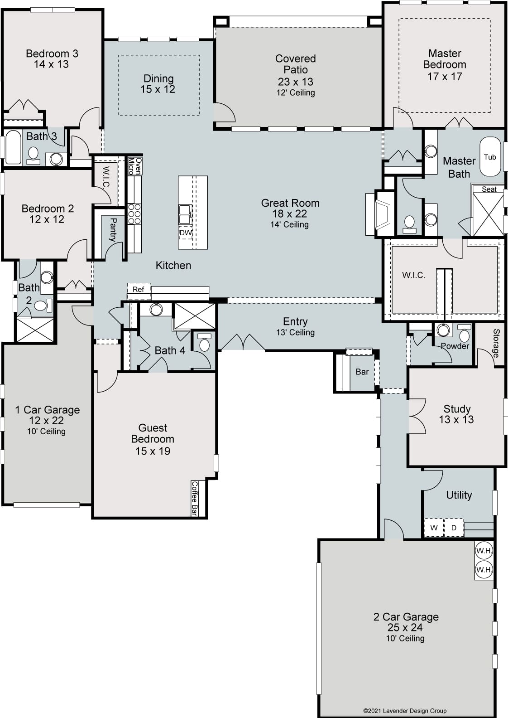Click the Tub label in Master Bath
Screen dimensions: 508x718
click(490, 157)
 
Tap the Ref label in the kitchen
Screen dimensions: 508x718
click(138, 290)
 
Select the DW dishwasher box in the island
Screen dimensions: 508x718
click(186, 233)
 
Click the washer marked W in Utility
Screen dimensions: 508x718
click(434, 528)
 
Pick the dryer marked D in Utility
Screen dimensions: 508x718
click(454, 528)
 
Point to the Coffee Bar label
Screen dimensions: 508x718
click(194, 499)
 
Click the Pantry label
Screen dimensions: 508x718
click(113, 230)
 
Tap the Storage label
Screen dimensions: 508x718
click(496, 343)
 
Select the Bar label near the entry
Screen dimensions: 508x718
click(362, 372)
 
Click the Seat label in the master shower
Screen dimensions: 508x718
click(489, 189)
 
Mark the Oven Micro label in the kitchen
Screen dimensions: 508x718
click(135, 166)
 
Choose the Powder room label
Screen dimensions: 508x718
click(455, 346)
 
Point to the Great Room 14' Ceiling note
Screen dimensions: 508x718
click(289, 224)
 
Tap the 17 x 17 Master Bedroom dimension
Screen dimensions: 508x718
click(445, 77)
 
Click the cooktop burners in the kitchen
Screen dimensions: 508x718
click(134, 214)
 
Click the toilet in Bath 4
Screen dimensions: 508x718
click(204, 343)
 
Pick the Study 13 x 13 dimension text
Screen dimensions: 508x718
click(456, 420)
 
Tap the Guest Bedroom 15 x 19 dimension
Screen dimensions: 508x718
click(153, 451)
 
